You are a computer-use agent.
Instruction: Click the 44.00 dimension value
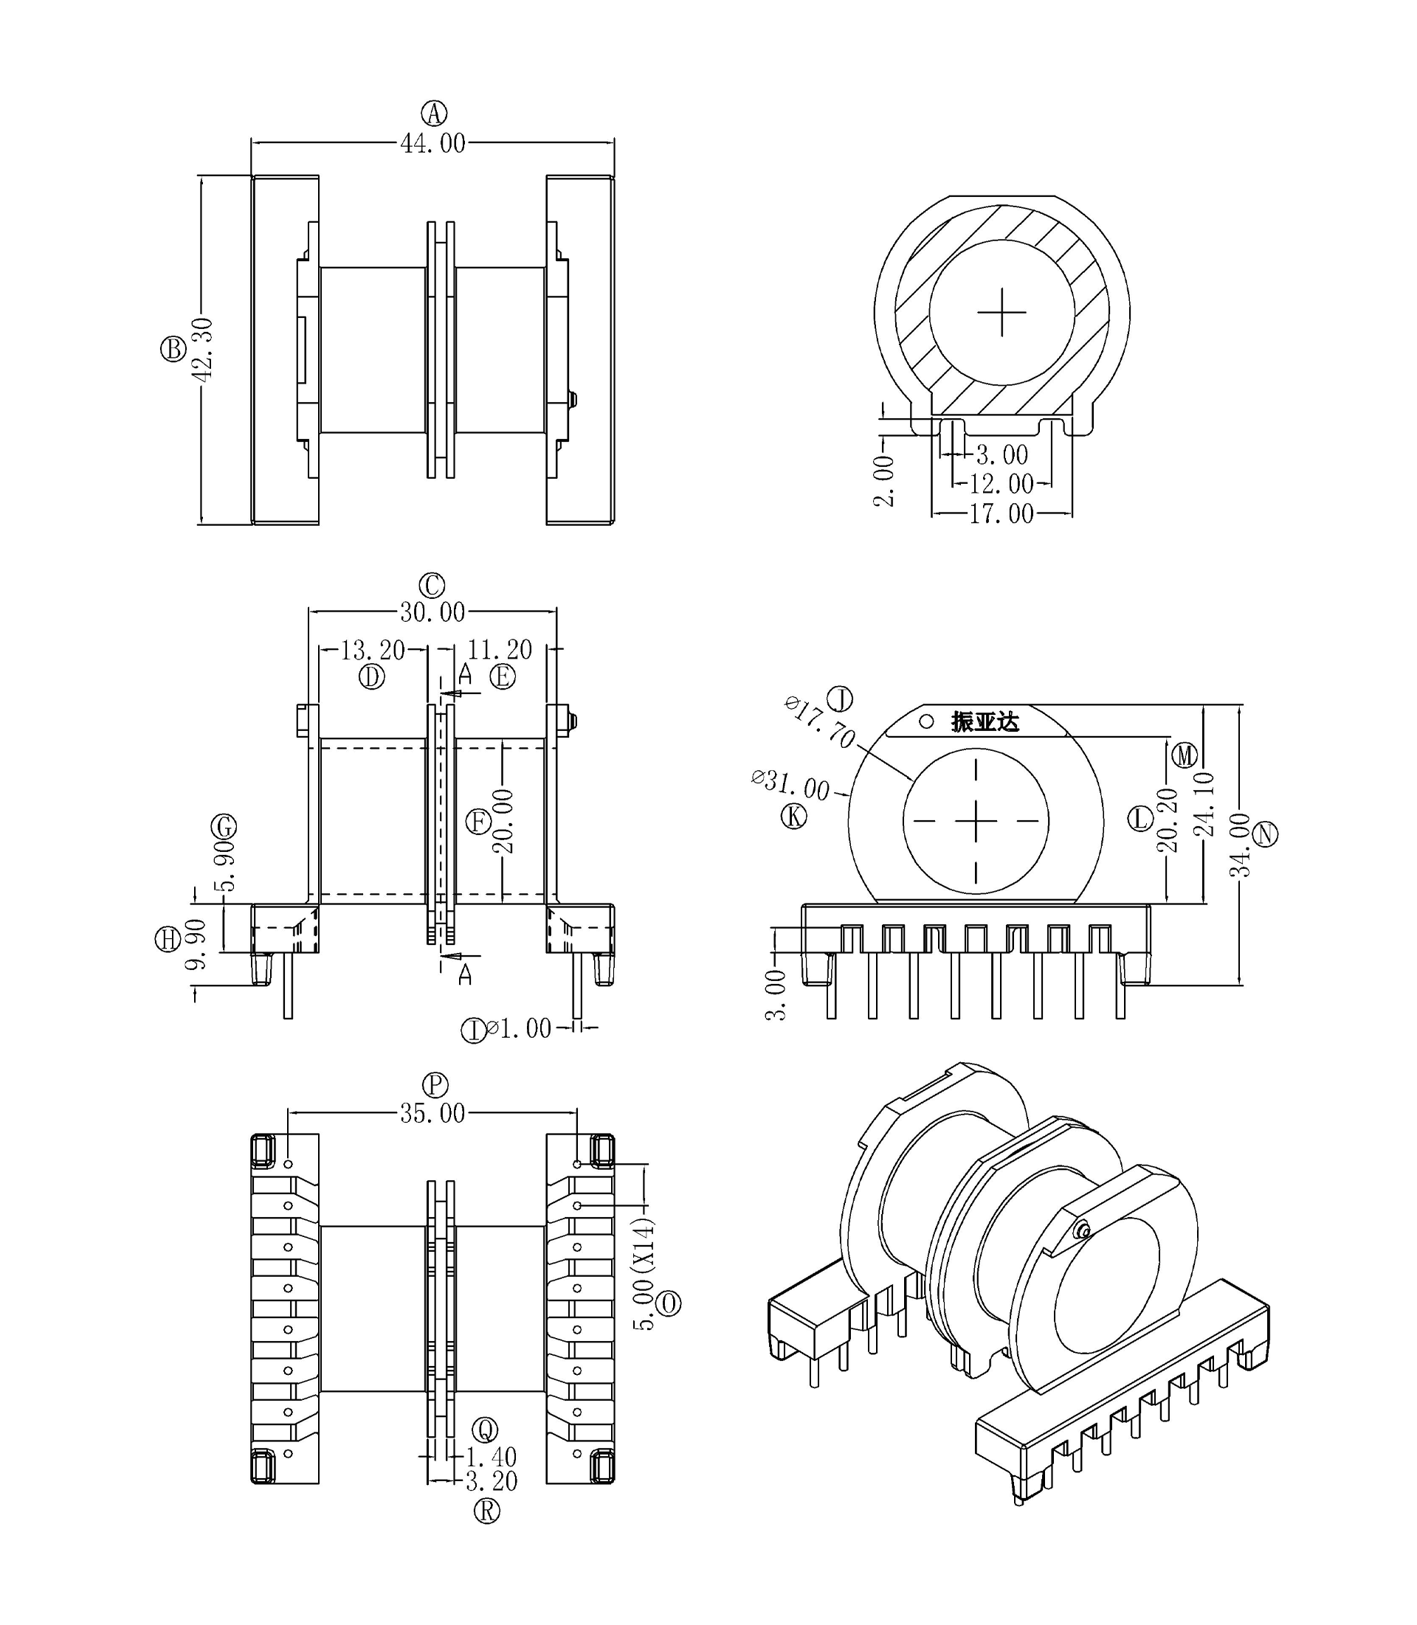point(432,144)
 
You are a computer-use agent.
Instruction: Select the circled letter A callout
point(433,114)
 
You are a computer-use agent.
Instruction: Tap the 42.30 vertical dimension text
point(203,350)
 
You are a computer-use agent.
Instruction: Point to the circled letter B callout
point(173,350)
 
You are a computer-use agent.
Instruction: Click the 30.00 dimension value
point(432,612)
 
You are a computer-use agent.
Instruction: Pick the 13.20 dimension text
point(373,651)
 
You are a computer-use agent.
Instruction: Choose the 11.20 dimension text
point(500,650)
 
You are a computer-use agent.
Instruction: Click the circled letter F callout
point(478,822)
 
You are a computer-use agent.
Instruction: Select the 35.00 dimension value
point(432,1114)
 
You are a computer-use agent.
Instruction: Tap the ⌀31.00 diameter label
point(790,785)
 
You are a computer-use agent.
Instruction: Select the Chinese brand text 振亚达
point(985,721)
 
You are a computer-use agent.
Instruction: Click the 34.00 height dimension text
point(1241,844)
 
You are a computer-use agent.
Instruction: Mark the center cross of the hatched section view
point(1002,312)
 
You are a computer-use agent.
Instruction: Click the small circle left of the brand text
point(926,721)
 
